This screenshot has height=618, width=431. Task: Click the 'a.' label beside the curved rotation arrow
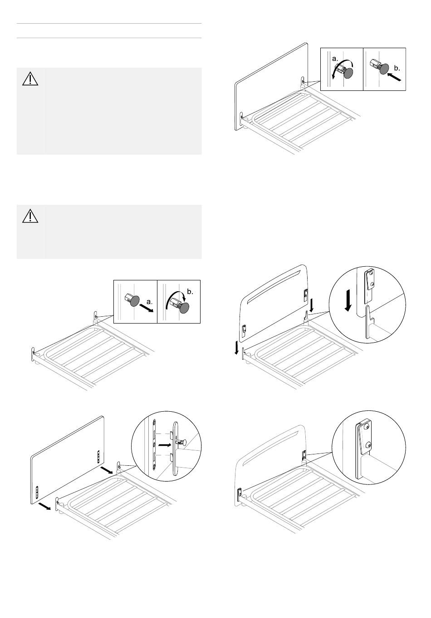335,59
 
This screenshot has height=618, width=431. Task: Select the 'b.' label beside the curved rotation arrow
190,292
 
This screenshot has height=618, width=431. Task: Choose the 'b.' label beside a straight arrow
397,68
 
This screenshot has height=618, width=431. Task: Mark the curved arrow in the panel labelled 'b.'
175,299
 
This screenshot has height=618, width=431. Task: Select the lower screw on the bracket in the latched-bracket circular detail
370,444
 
